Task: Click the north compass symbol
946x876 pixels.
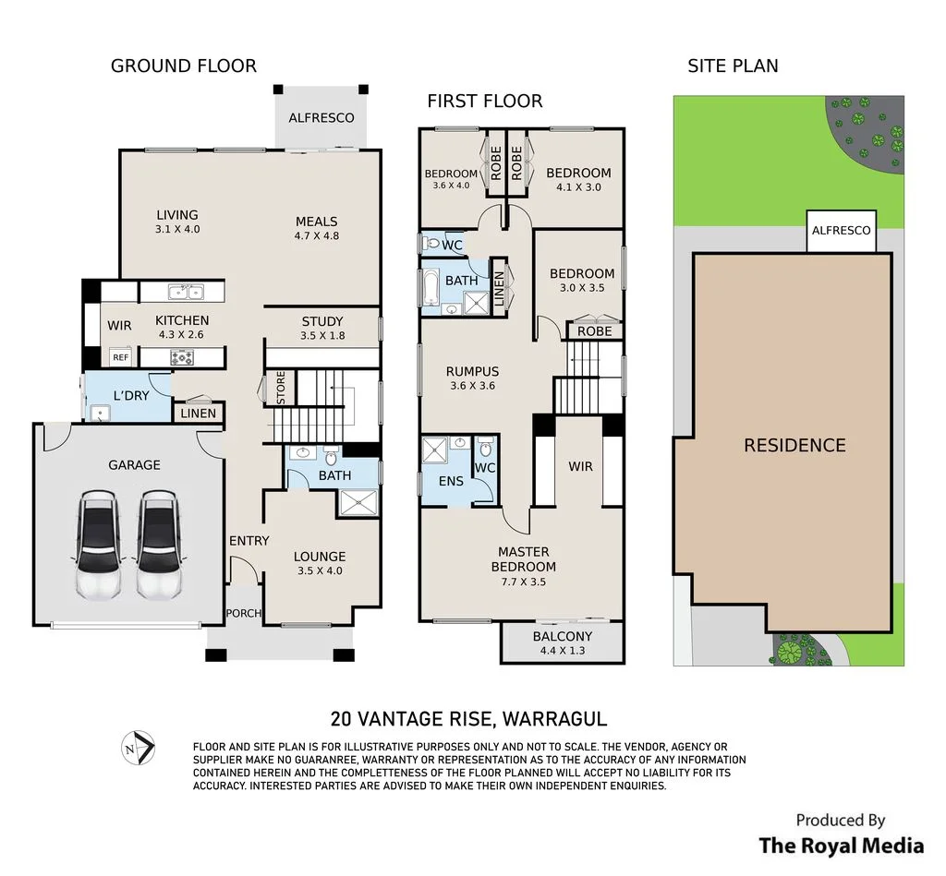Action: coord(139,749)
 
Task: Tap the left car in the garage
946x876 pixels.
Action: coord(98,546)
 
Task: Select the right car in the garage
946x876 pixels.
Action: coord(159,546)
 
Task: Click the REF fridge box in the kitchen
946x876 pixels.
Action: coord(121,357)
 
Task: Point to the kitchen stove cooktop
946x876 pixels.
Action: coord(182,357)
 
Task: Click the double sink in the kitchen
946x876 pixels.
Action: coord(187,293)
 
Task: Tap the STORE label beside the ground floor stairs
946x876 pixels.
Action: coord(281,388)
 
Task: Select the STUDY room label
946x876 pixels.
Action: coord(322,321)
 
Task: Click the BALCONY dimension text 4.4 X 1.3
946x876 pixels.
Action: coord(563,651)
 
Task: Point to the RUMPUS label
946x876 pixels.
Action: coord(472,371)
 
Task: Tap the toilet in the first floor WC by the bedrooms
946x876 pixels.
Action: coord(432,244)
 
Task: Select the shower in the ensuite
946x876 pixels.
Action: coord(434,450)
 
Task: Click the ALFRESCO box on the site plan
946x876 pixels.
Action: coord(841,231)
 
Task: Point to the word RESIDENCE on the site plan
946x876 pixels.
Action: coord(794,446)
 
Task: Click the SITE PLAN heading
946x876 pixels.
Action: coord(733,66)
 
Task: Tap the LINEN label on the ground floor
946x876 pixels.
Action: coord(198,414)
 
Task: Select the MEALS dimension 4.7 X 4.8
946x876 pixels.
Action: coord(317,235)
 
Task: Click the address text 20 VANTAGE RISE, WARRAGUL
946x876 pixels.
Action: coord(468,719)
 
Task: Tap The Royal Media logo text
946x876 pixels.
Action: coord(841,846)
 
